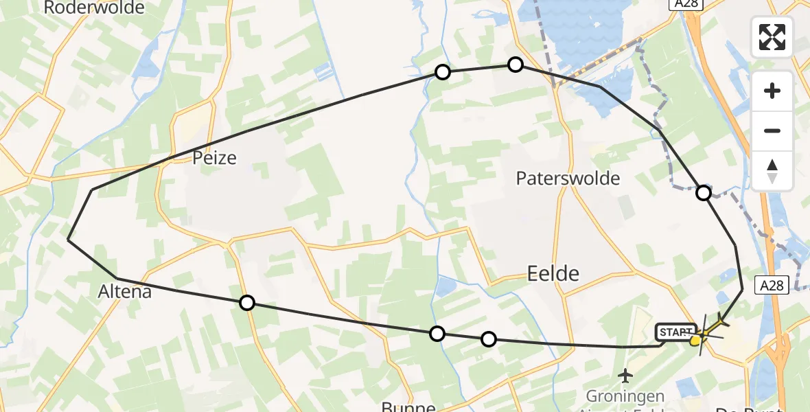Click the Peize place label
tap(215, 159)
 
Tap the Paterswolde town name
tap(568, 179)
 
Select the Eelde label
tap(553, 274)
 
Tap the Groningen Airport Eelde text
tap(625, 397)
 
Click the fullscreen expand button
tap(772, 37)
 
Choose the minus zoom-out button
tap(772, 130)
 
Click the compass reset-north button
tap(772, 170)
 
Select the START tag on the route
tap(675, 333)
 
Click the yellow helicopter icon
tap(704, 332)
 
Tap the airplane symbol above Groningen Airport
tap(625, 376)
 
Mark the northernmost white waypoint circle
tap(516, 65)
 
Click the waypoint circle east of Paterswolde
tap(704, 193)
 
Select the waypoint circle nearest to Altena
tap(247, 302)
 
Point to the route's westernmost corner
tap(68, 240)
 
